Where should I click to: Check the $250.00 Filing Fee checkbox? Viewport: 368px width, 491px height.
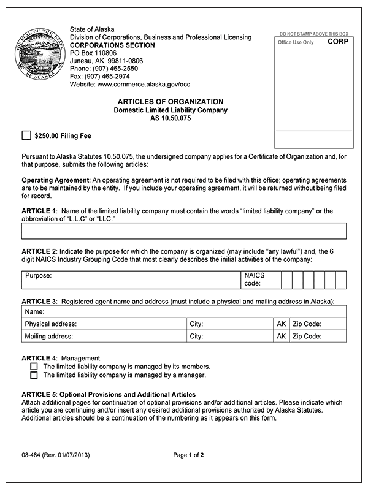tap(26, 135)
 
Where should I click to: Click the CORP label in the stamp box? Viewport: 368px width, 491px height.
tap(337, 42)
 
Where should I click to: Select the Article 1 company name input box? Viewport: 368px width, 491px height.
tap(184, 230)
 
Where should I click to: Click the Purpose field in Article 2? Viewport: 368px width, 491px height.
tap(132, 280)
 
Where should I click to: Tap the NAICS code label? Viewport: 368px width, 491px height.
tap(254, 280)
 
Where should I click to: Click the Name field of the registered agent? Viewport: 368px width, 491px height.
tap(184, 312)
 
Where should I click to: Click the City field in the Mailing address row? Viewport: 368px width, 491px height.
tap(230, 337)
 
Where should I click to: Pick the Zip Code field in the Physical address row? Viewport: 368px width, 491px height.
tap(318, 324)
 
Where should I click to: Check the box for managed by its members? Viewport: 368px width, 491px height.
tap(34, 366)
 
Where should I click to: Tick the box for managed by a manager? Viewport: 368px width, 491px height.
tap(34, 375)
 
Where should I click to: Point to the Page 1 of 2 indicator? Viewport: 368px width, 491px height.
tap(188, 455)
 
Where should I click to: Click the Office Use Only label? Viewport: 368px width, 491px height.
tap(296, 43)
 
